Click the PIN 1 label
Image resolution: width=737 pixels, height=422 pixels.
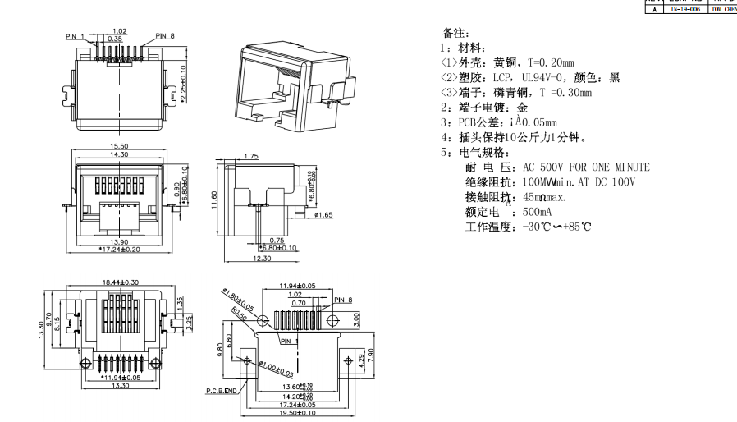point(76,36)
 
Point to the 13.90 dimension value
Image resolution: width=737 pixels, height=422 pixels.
point(120,241)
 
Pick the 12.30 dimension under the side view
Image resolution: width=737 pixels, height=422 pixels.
point(263,259)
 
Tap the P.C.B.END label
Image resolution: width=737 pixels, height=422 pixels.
point(221,392)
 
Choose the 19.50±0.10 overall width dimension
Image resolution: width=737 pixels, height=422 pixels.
point(298,413)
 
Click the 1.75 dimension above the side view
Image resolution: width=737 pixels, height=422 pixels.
point(251,155)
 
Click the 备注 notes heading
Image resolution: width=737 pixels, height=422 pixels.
point(455,34)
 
